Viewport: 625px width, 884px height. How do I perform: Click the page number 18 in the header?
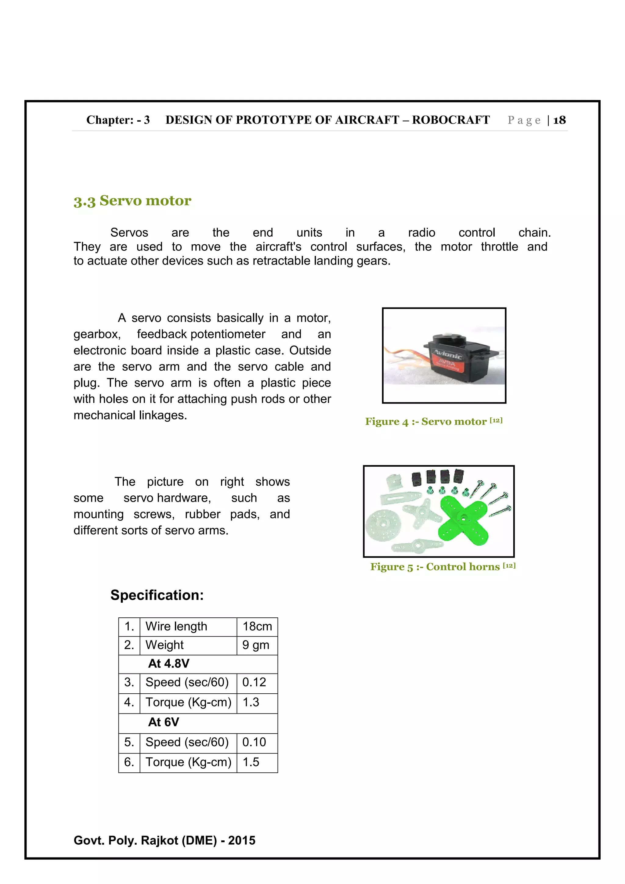[x=559, y=120]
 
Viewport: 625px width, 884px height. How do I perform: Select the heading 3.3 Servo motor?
[x=132, y=201]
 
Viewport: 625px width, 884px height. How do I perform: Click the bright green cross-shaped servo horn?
[x=463, y=518]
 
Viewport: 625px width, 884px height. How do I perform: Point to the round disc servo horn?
[x=383, y=524]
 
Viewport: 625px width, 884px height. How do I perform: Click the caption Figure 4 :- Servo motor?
[x=433, y=421]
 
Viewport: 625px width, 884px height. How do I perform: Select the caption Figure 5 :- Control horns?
[x=442, y=566]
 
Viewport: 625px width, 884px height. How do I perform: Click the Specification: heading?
[x=157, y=595]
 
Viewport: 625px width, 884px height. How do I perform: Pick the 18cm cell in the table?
[x=257, y=627]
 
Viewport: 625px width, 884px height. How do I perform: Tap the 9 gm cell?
[x=255, y=645]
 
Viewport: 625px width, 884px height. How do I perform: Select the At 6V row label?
[x=164, y=722]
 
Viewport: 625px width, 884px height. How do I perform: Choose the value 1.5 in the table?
[x=251, y=762]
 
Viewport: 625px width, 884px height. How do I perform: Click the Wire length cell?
[x=176, y=627]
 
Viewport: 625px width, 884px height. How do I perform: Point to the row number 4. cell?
[x=129, y=702]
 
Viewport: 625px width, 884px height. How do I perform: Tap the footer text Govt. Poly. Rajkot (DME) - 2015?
[x=164, y=840]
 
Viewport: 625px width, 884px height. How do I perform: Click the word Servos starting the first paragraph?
[x=129, y=232]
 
